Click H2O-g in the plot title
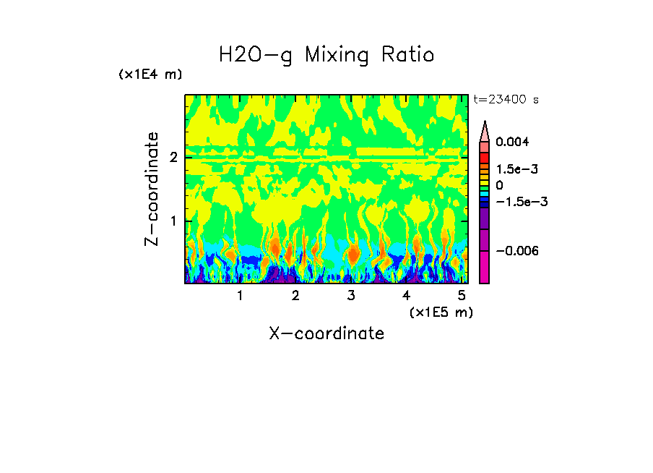[x=256, y=56]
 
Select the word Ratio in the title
[x=409, y=55]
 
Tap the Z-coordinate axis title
[x=152, y=189]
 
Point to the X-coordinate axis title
[x=326, y=333]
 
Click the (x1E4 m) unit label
[x=150, y=74]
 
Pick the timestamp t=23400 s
[x=506, y=100]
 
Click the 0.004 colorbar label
[x=512, y=142]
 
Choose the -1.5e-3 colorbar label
[x=516, y=202]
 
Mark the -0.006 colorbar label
[x=515, y=251]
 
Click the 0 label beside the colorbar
[x=499, y=186]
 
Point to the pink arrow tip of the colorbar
[x=485, y=129]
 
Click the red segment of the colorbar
[x=485, y=158]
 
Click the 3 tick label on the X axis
[x=351, y=296]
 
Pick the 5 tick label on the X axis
[x=462, y=296]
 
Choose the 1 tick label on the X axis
[x=241, y=296]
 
